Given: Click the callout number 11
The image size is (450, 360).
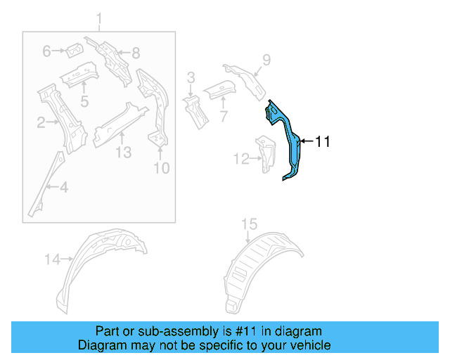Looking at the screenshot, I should pos(322,141).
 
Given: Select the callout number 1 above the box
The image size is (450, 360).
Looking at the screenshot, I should pos(99,18).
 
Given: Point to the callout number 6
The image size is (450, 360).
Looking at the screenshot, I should pos(47,51).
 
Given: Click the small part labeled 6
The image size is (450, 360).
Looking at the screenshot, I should pos(73,50).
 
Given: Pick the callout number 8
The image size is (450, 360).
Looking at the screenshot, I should pos(136,51).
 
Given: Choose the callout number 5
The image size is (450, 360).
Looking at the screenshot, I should pos(84,101).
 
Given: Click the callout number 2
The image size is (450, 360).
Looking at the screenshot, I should pos(41,124).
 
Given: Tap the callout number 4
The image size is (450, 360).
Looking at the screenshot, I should pos(63,187).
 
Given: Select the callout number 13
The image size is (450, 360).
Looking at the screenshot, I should pos(123,152).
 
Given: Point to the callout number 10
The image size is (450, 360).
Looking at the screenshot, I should pos(162,168).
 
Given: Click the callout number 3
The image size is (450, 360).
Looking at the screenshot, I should pos(191,77).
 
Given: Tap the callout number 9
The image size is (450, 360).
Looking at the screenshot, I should pos(266,59).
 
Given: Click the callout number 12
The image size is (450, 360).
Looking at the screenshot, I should pos(240,160).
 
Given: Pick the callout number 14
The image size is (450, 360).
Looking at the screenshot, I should pos(53,259).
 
